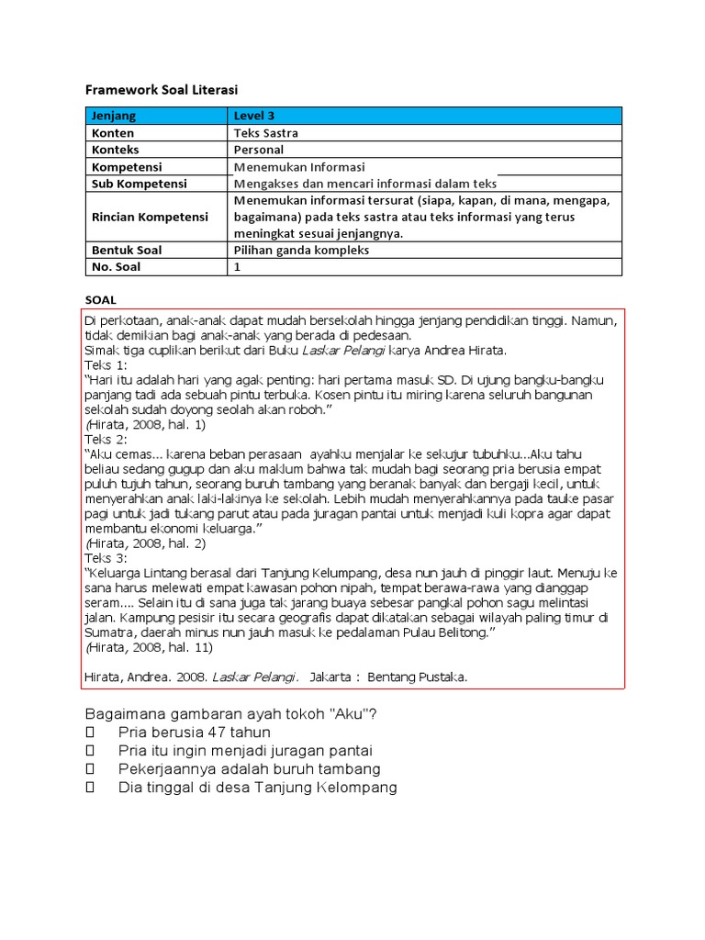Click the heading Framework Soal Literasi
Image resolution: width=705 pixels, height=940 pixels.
click(161, 90)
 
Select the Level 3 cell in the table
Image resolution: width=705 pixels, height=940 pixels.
click(254, 116)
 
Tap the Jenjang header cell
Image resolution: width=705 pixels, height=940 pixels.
click(113, 116)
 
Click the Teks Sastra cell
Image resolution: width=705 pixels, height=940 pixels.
click(266, 132)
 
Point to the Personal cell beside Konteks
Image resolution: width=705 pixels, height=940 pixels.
click(259, 150)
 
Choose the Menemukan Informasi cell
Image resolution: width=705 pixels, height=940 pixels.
click(299, 167)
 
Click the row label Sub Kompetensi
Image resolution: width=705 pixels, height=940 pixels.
click(139, 184)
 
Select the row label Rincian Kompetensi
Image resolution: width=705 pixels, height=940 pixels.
click(150, 217)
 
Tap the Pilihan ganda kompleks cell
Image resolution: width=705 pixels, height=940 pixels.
click(301, 250)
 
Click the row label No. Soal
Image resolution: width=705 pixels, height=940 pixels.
click(116, 267)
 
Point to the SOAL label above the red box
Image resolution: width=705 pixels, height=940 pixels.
click(101, 300)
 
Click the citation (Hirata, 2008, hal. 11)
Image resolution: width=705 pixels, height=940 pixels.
click(149, 647)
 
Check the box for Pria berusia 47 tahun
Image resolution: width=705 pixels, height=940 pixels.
click(90, 733)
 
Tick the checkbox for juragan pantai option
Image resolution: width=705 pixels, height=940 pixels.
click(90, 751)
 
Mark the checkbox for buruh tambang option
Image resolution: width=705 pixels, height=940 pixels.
click(90, 769)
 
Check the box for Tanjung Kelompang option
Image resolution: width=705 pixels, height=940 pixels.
click(90, 788)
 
